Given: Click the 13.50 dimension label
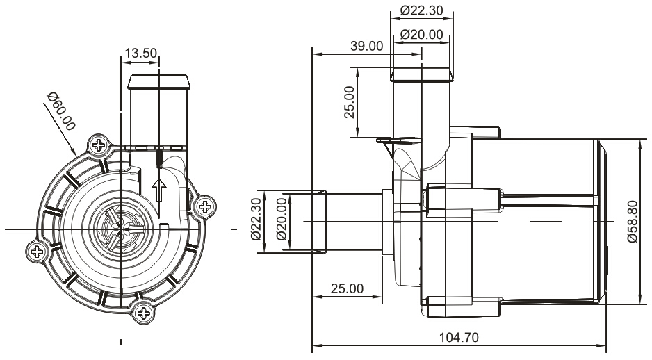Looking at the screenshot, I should pos(140,54).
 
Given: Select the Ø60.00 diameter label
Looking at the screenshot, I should pos(60,111).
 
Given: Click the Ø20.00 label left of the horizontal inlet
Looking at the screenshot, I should pos(282,218).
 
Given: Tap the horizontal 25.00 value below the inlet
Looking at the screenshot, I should pos(347,288).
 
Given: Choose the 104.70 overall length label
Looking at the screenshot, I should pos(459,337).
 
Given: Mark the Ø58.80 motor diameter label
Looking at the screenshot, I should pos(632,220).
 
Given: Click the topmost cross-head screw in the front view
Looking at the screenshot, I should pos(99,146).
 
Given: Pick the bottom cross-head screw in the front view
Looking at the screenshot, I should pos(144,313).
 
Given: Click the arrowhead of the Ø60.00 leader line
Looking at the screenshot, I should pos(74,152).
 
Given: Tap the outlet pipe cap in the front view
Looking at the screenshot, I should pos(159,81).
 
